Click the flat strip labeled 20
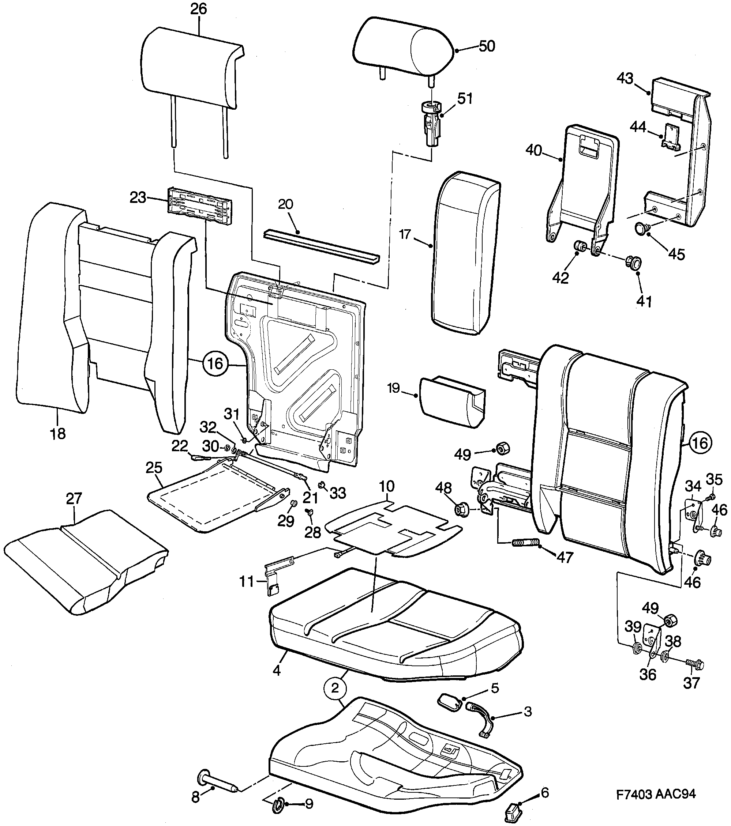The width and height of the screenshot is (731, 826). pos(322,246)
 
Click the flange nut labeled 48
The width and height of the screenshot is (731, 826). pos(461,509)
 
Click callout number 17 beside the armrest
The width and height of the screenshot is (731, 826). pos(405,234)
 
